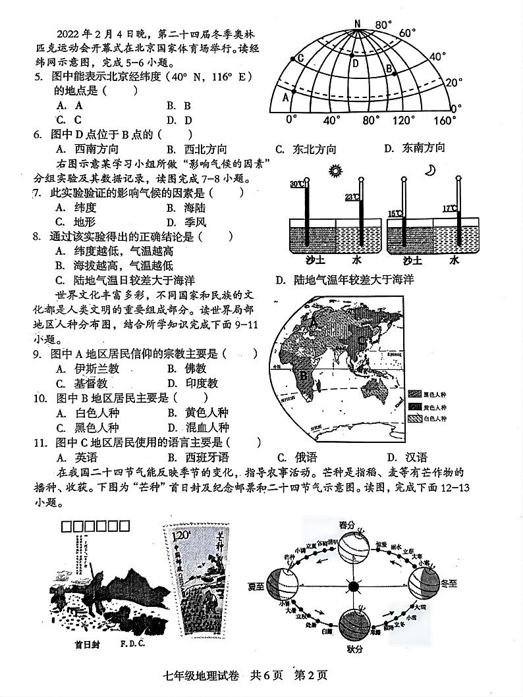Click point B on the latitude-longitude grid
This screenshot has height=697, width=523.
point(389,68)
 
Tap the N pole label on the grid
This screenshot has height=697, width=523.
point(358,24)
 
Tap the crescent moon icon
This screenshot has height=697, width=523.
point(430,170)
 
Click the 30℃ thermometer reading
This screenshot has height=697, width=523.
point(297,184)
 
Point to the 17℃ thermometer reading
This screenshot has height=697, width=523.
point(449,209)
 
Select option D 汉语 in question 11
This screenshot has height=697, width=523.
point(408,457)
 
